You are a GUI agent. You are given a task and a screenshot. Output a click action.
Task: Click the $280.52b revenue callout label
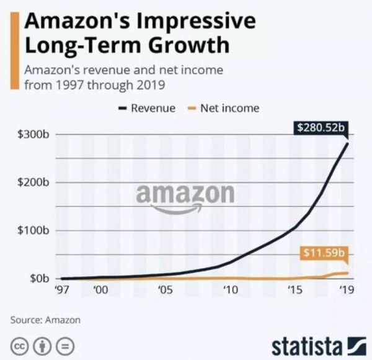point(320,128)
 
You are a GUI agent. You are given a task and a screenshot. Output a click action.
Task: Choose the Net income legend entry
point(224,108)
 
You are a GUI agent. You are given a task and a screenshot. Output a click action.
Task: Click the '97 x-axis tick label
point(63,290)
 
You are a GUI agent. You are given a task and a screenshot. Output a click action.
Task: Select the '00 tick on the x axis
point(100,290)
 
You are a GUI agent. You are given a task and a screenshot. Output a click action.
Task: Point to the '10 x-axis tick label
point(230,290)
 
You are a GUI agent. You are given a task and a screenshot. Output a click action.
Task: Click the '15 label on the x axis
point(295,290)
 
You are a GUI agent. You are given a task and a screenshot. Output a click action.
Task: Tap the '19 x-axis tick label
point(345,290)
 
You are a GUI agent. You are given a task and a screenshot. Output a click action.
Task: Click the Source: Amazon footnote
point(45,320)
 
